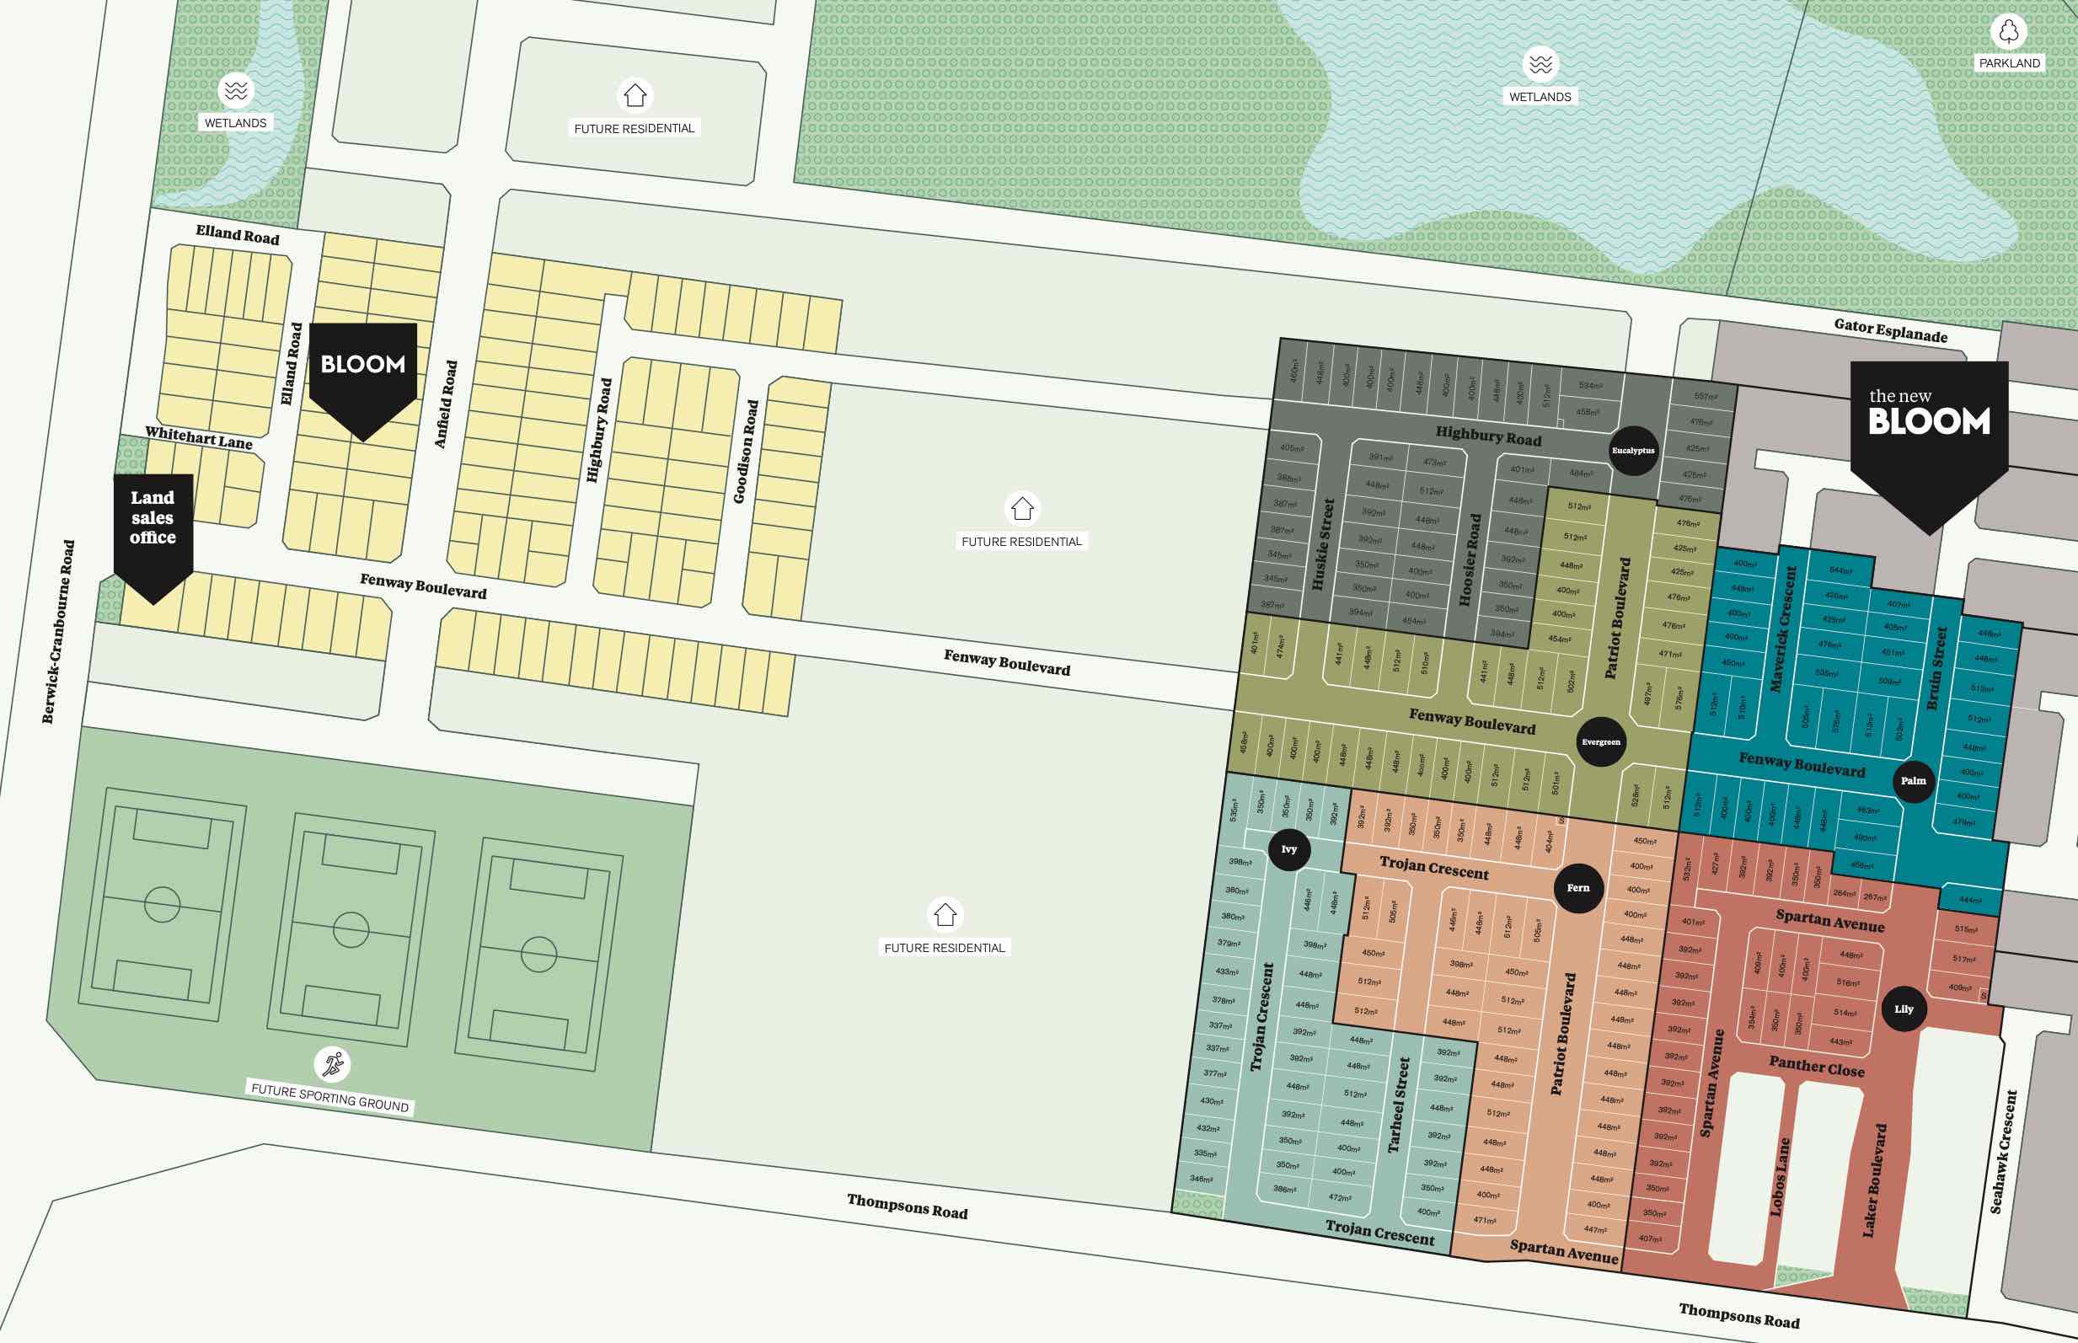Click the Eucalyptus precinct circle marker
[x=1632, y=451]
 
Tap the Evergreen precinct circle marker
[x=1601, y=742]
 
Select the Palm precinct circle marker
[x=1913, y=780]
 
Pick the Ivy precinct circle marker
[x=1288, y=849]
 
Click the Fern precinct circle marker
[x=1578, y=888]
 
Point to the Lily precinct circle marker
[x=1904, y=1009]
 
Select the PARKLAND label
[x=2009, y=63]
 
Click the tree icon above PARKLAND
[x=2009, y=31]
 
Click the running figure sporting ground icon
[x=332, y=1064]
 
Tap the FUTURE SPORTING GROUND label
[x=329, y=1097]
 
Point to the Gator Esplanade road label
[x=1891, y=330]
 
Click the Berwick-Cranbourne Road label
[x=57, y=631]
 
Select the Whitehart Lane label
[x=199, y=438]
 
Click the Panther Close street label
[x=1817, y=1066]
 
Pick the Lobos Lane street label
[x=1780, y=1177]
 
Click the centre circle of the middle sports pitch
[x=351, y=929]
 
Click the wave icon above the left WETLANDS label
[x=235, y=90]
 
